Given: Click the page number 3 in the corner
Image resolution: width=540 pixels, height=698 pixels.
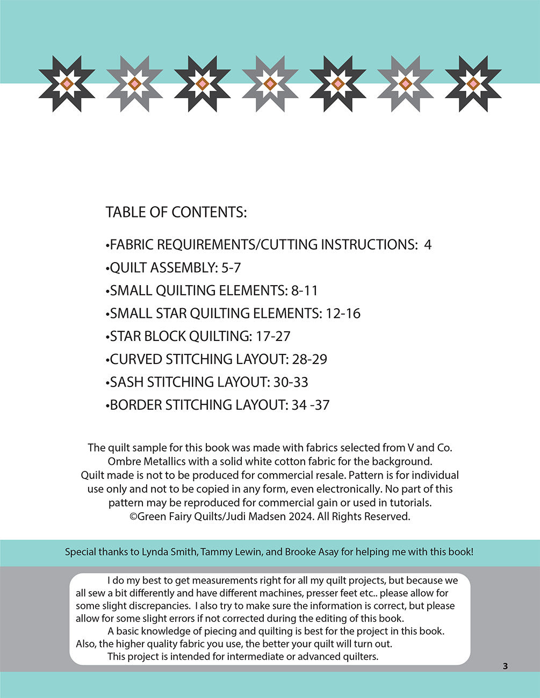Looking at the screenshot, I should click(x=505, y=666).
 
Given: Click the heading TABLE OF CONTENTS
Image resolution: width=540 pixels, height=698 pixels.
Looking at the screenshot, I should click(x=176, y=212).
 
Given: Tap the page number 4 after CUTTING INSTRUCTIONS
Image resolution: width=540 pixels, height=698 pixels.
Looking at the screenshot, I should click(x=428, y=245).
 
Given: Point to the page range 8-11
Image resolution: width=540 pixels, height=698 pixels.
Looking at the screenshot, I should click(x=305, y=290).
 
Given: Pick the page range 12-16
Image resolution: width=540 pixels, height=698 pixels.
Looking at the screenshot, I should click(x=343, y=313).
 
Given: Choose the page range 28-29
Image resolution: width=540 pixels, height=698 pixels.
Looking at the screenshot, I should click(x=309, y=359).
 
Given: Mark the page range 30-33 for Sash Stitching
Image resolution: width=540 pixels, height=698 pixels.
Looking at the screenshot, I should click(x=291, y=382).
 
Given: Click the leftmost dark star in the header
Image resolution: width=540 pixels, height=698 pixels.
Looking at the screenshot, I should click(x=67, y=84).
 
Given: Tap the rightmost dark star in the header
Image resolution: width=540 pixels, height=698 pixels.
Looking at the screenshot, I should click(x=473, y=84).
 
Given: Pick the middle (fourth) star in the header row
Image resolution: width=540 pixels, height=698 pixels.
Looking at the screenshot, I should click(x=270, y=84).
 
